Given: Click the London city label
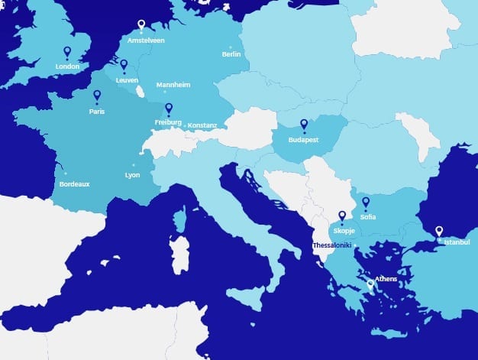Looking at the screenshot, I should tap(67, 66).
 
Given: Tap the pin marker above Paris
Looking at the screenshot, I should tap(97, 96).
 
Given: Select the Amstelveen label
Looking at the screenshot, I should tap(146, 40).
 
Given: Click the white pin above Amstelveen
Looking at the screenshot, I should tap(141, 25).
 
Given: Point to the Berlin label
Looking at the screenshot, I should tap(231, 54).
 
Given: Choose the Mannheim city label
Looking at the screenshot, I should tap(173, 84).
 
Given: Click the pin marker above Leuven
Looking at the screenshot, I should tap(124, 65).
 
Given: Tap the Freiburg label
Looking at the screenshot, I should tap(168, 122).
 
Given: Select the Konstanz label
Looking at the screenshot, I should tap(202, 125).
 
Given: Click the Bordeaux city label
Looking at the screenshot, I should tap(75, 184).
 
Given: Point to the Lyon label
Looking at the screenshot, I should tap(132, 175).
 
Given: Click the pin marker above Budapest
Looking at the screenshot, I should tap(304, 125).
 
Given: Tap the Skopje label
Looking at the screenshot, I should tap(343, 230).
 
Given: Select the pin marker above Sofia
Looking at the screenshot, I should tap(366, 203).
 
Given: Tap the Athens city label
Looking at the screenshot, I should tap(386, 279).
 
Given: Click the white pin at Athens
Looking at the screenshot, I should tap(370, 286).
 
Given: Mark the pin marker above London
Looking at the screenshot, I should tap(67, 52).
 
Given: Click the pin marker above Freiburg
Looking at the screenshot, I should tap(169, 109).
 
